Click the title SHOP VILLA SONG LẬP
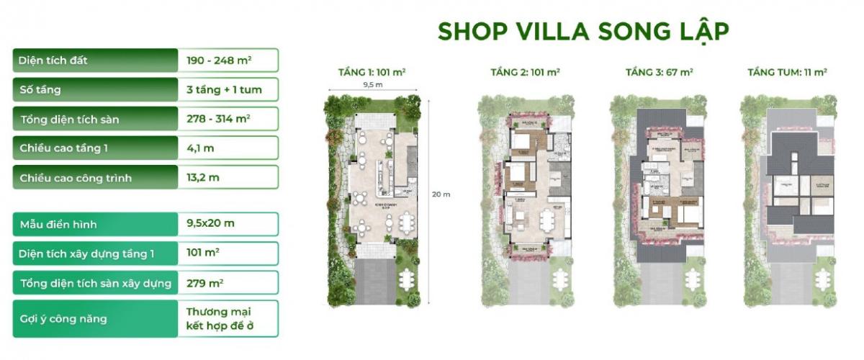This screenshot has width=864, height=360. [584, 32]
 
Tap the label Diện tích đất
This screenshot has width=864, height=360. [54, 60]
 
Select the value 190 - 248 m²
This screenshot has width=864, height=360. [218, 60]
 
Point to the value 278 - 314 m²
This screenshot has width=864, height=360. [218, 119]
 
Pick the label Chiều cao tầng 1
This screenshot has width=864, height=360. [65, 148]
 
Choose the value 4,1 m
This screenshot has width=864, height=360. [200, 148]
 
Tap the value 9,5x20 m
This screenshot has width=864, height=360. [210, 223]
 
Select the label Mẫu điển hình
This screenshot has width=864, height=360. [58, 224]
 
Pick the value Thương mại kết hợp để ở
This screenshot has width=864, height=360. [221, 319]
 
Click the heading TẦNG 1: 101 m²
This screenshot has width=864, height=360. [372, 73]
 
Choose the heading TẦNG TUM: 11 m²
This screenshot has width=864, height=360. [787, 73]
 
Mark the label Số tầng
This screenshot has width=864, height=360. [41, 90]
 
